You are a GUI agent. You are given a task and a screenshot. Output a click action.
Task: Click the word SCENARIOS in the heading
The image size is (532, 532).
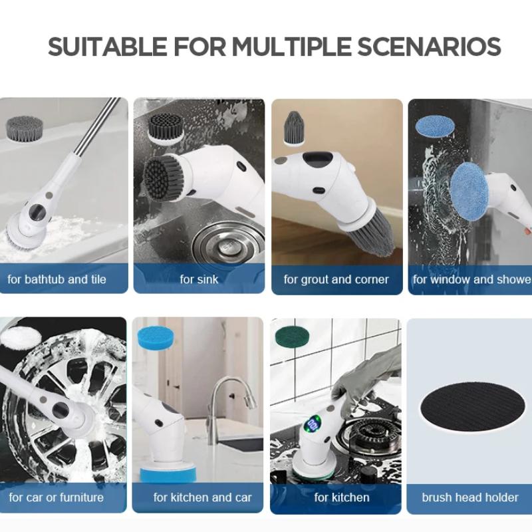click(429, 46)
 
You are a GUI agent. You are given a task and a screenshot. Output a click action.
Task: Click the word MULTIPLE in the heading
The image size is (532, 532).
click(291, 46)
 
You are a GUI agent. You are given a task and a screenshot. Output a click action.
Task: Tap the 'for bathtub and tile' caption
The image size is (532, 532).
click(57, 279)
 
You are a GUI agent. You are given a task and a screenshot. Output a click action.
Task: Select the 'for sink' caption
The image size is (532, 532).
click(199, 279)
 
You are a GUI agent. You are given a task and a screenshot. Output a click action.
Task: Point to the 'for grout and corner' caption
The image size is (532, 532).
click(336, 279)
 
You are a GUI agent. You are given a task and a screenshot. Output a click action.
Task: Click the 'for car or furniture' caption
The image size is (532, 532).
click(57, 497)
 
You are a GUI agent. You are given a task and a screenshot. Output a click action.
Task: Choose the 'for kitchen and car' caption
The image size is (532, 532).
click(203, 497)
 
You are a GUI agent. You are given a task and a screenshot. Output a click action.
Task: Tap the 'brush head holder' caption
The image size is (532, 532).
click(470, 497)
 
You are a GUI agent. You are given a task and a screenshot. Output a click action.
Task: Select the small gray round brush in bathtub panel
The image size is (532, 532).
click(25, 127)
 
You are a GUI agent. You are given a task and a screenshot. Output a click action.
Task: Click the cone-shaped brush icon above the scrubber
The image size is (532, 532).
click(294, 128)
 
